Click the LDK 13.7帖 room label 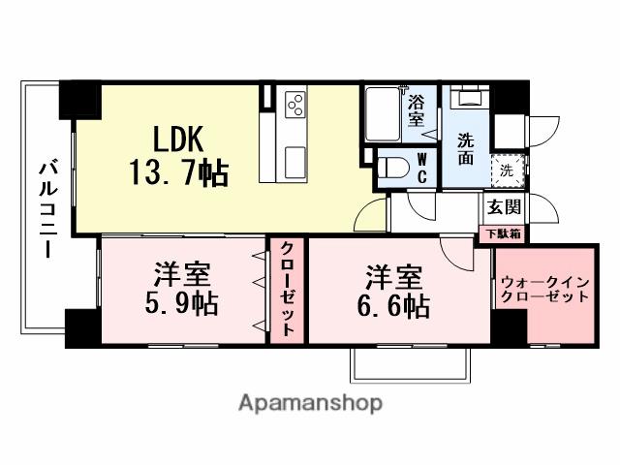point(178,156)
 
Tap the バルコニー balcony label point(46,208)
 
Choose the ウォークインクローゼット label point(543,291)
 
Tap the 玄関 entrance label point(504,205)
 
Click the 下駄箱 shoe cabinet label point(503,232)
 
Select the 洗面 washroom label point(466,148)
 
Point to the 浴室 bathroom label point(417,110)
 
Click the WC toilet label point(422,168)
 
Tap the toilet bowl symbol point(391,168)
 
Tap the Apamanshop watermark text point(310,401)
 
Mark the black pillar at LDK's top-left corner point(80,98)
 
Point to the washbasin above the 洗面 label point(471,104)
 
